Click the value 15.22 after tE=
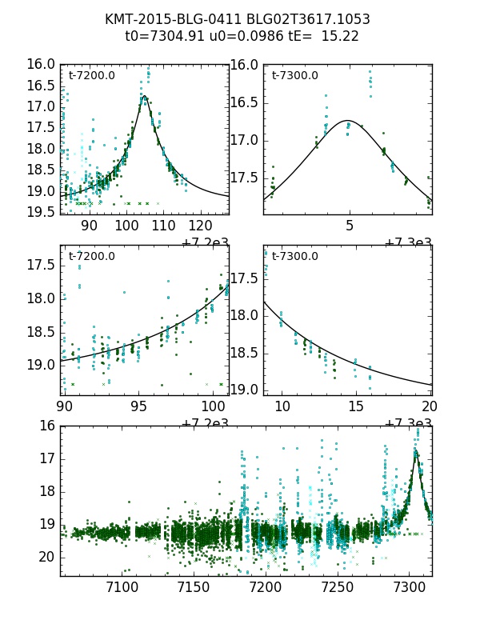click(x=341, y=36)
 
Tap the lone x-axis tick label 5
click(x=349, y=226)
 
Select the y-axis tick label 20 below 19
click(x=48, y=557)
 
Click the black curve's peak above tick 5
click(x=349, y=121)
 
